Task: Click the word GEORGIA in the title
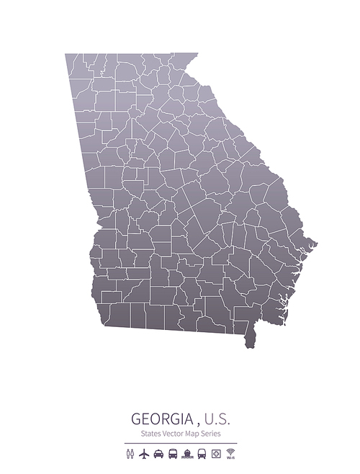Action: [x=162, y=419]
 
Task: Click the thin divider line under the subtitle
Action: [x=180, y=442]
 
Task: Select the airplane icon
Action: [x=144, y=454]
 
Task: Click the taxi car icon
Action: [x=158, y=454]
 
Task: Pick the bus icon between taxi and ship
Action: [x=173, y=454]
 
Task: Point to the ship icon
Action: [x=187, y=454]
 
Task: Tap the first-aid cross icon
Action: [x=216, y=454]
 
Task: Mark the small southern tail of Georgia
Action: [x=251, y=338]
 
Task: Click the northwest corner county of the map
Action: [x=74, y=61]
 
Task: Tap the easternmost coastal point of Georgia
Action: [x=315, y=245]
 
